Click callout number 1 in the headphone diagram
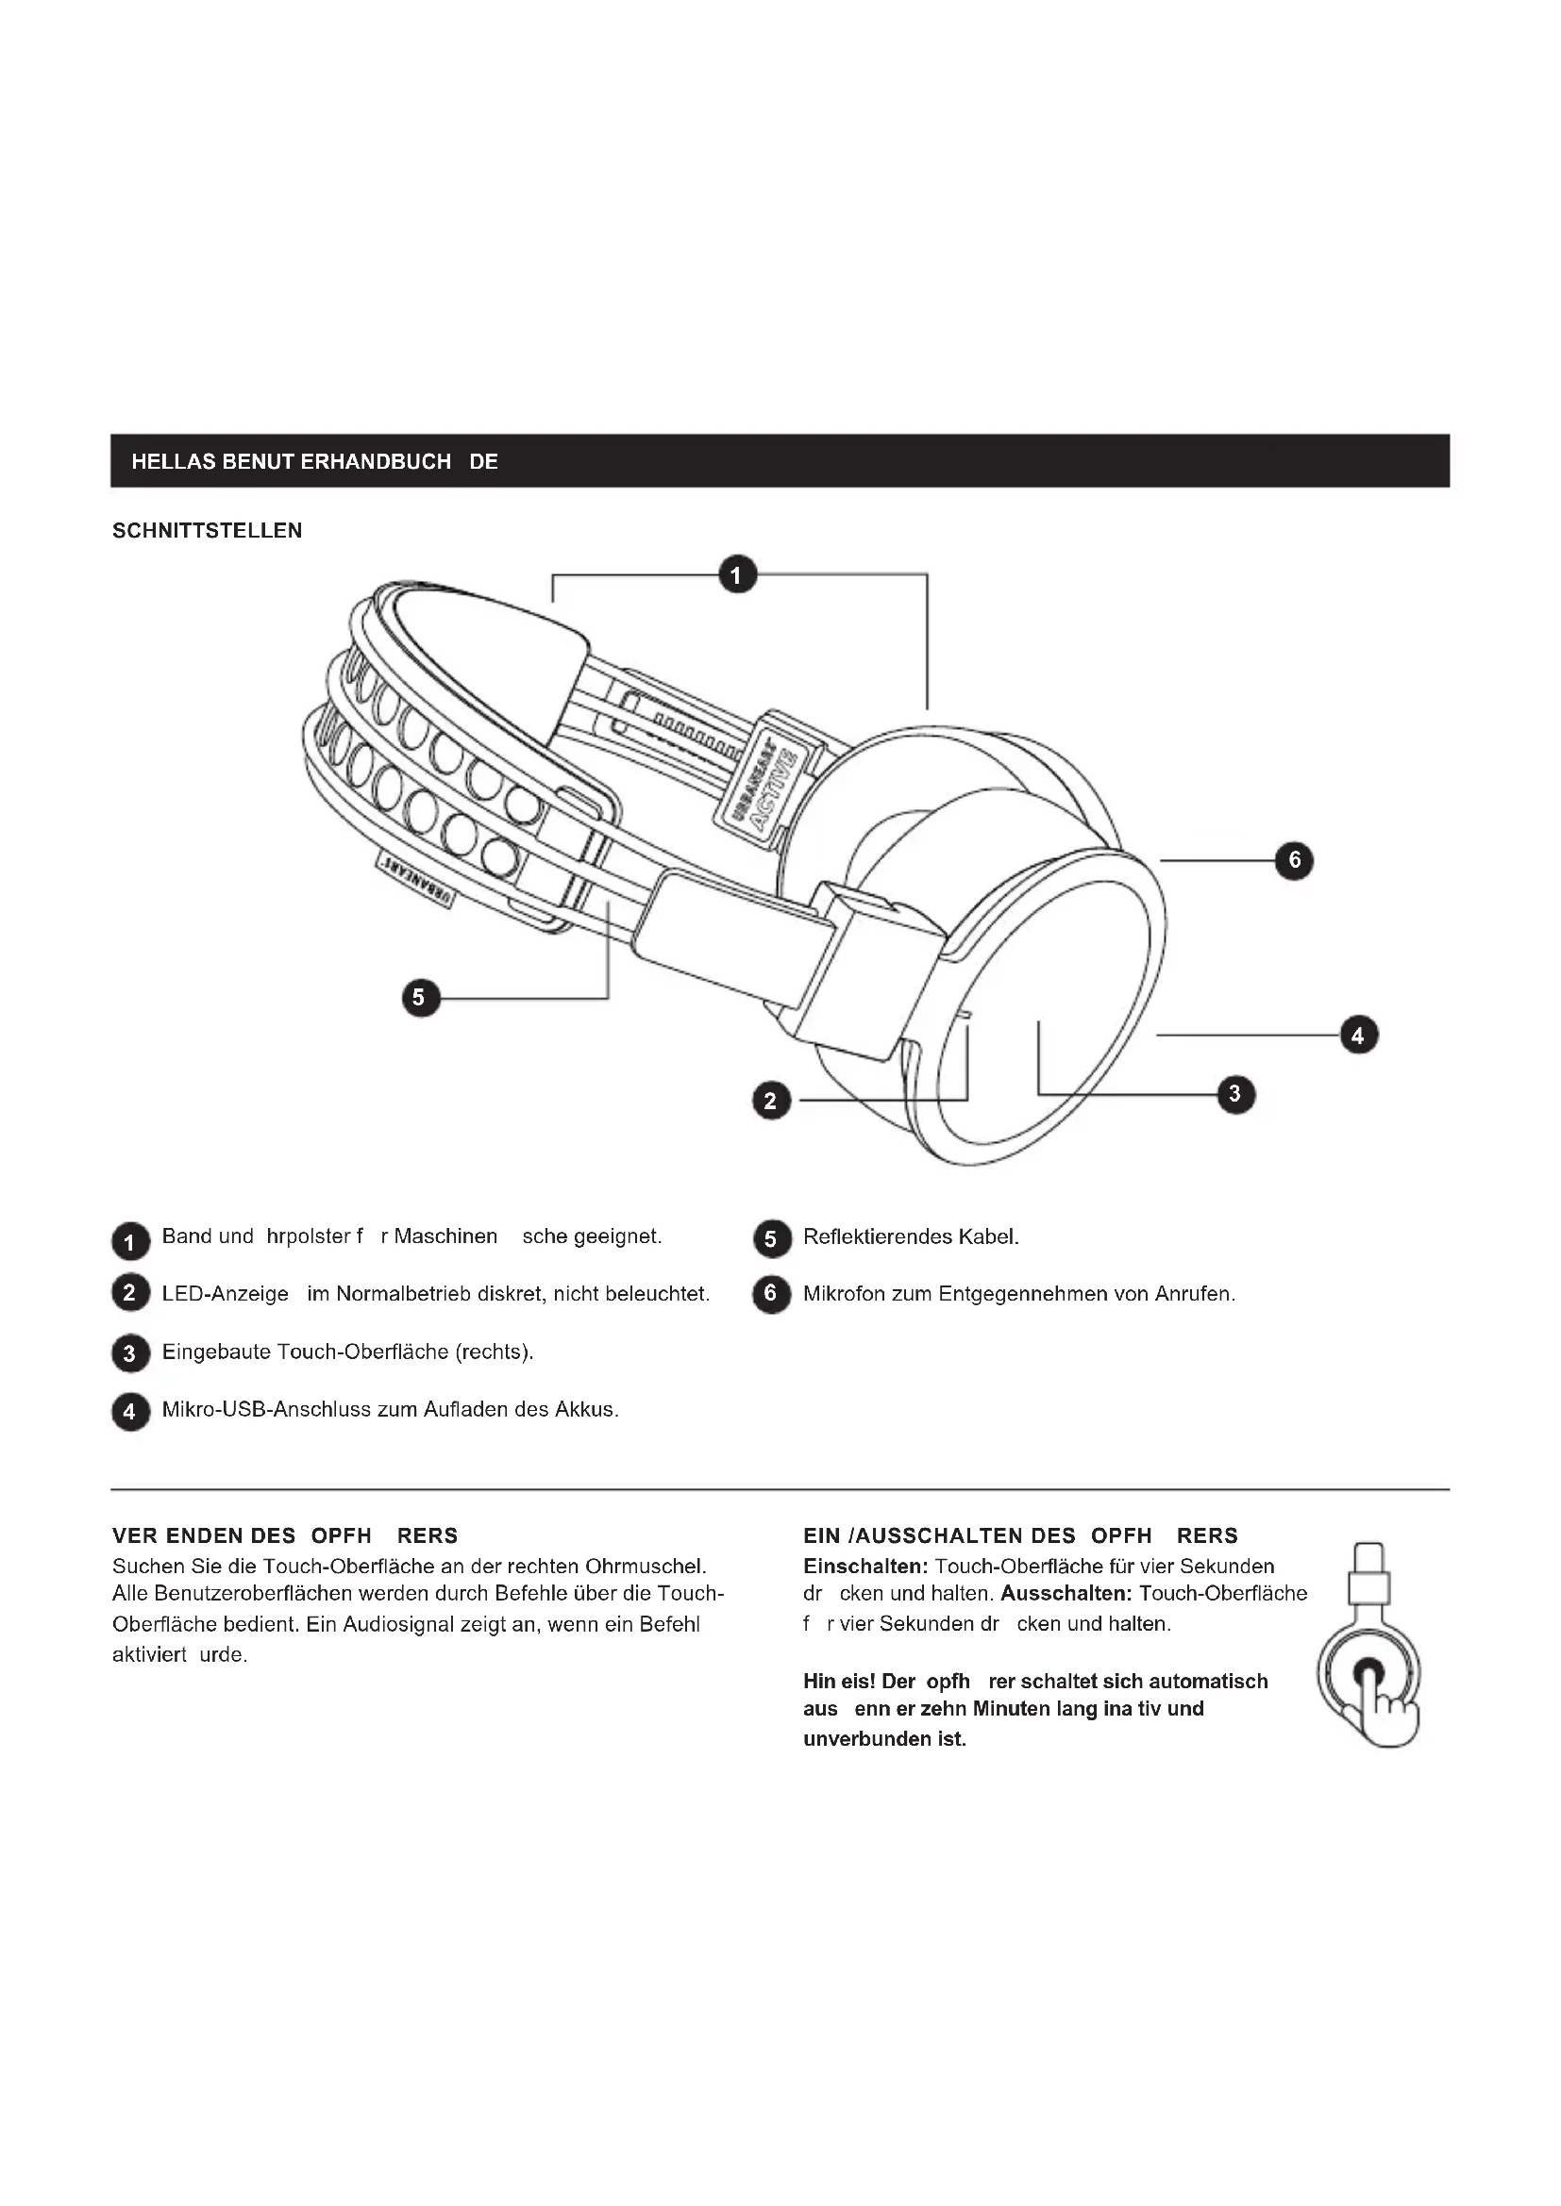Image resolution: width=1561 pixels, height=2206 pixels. pyautogui.click(x=737, y=575)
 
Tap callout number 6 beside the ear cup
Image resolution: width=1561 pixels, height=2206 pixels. pyautogui.click(x=1294, y=860)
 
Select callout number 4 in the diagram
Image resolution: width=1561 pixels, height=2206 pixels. pyautogui.click(x=1358, y=1035)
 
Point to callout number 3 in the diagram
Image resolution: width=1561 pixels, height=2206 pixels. pyautogui.click(x=1235, y=1093)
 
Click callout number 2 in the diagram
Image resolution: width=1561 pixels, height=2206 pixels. pyautogui.click(x=770, y=1100)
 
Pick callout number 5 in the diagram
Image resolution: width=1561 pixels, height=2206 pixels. pyautogui.click(x=419, y=997)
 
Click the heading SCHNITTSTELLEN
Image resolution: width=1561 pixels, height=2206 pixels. pyautogui.click(x=207, y=531)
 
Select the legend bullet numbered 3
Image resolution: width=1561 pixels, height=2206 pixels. pyautogui.click(x=129, y=1353)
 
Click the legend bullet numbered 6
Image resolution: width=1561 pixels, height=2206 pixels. pyautogui.click(x=770, y=1294)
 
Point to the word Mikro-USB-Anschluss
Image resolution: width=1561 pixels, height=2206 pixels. pyautogui.click(x=266, y=1409)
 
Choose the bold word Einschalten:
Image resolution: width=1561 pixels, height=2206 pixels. pyautogui.click(x=865, y=1567)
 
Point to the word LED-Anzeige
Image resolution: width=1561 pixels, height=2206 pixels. pyautogui.click(x=225, y=1294)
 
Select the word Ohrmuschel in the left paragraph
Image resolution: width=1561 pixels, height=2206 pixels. pyautogui.click(x=645, y=1567)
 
